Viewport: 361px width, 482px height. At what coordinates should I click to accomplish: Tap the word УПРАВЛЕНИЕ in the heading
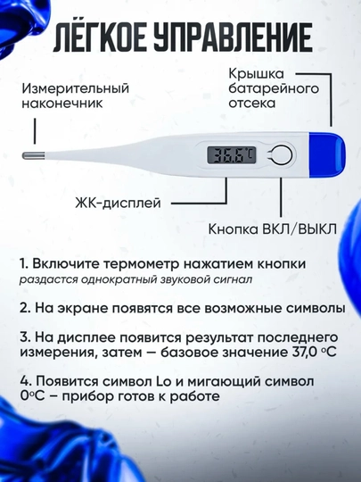click(233, 38)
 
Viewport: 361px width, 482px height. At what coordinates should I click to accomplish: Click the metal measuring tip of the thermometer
click(34, 155)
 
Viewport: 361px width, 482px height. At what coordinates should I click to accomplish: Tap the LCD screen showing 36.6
click(232, 155)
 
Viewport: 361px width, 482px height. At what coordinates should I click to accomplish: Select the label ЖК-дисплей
click(118, 203)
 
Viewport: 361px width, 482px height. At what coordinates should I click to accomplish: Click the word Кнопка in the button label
click(234, 229)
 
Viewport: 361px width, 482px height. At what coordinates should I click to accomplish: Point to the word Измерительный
click(75, 89)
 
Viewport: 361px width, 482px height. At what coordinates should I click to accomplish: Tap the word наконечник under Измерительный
click(62, 104)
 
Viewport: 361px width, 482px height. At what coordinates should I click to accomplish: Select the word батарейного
click(274, 89)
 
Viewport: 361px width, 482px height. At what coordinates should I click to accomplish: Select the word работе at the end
click(195, 396)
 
